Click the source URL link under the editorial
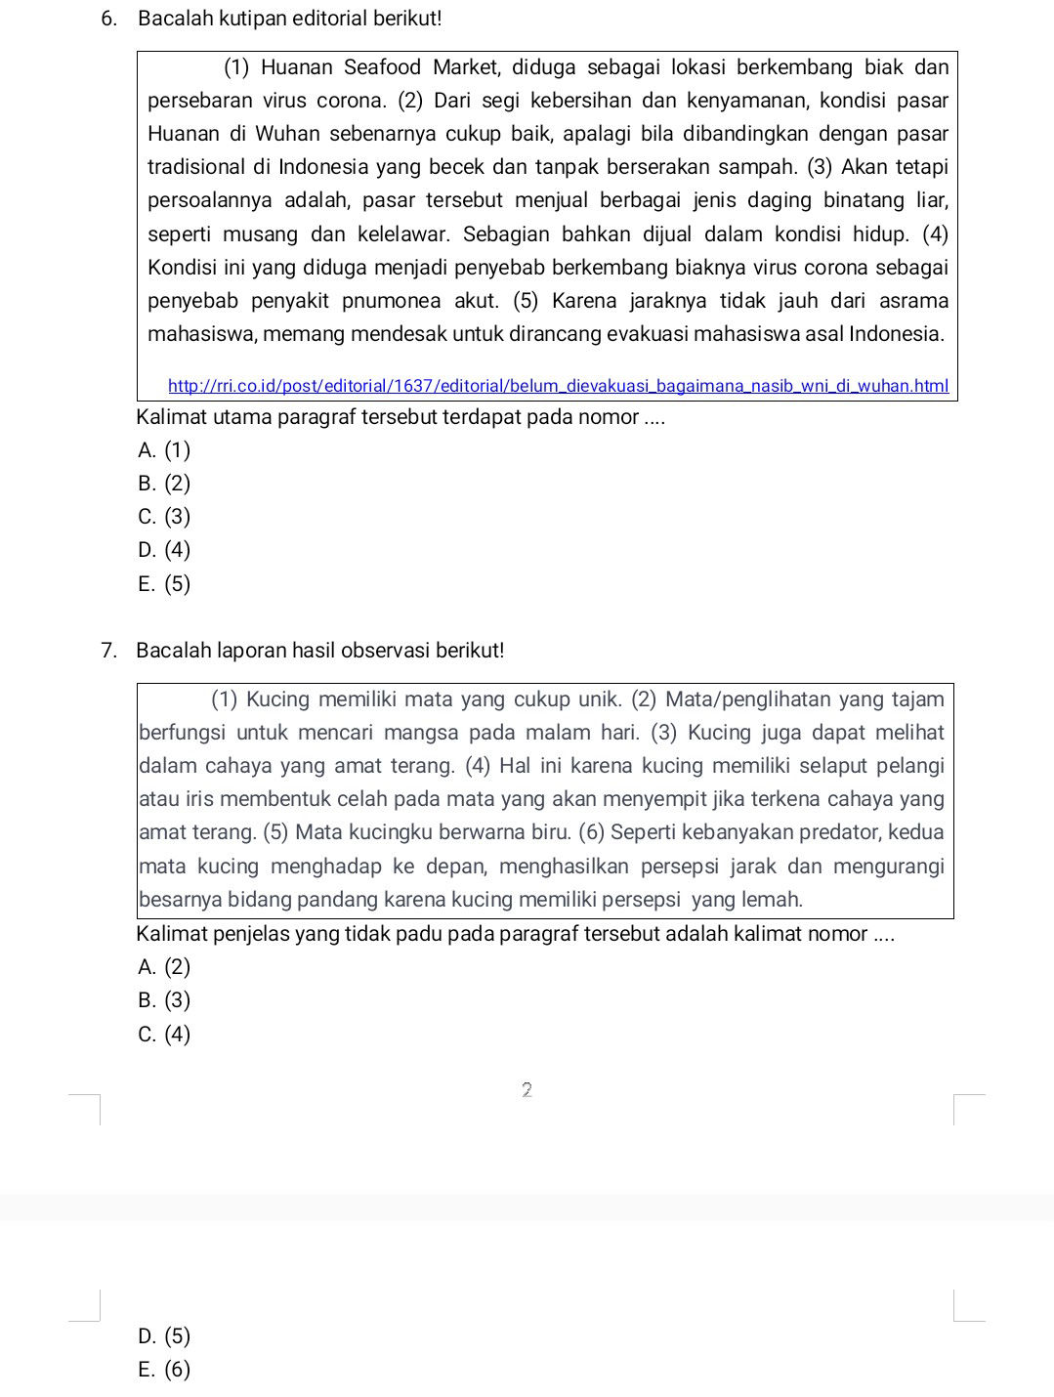pos(558,386)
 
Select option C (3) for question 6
pos(164,517)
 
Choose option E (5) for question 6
pos(164,584)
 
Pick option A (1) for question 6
pos(164,450)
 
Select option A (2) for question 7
pos(164,967)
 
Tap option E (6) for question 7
pos(164,1370)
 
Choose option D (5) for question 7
pos(164,1336)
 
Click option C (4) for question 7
pos(164,1035)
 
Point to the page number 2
pos(527,1090)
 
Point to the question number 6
pos(108,19)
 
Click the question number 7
pos(108,651)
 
